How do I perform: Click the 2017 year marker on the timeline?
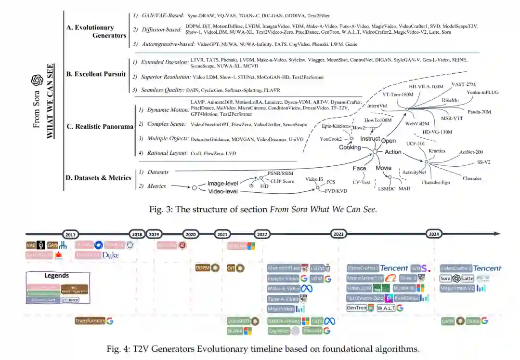tap(70, 234)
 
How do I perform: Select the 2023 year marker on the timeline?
tap(339, 234)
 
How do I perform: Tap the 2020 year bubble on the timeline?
tap(191, 234)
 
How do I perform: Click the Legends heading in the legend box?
tap(57, 276)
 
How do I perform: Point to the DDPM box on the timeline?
tap(203, 268)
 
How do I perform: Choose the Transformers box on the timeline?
tap(90, 320)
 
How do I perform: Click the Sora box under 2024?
tap(446, 278)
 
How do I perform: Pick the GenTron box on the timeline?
tap(357, 307)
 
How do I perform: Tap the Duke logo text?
tap(110, 255)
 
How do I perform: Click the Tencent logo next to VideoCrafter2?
tap(487, 268)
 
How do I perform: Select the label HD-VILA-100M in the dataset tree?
tap(426, 87)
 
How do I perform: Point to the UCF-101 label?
tap(415, 144)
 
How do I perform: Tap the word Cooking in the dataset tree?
tap(350, 147)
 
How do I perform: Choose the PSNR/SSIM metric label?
tap(281, 172)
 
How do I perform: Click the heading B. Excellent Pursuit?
tap(96, 74)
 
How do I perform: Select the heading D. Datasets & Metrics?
tap(98, 178)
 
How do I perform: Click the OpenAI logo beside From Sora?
tap(37, 80)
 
